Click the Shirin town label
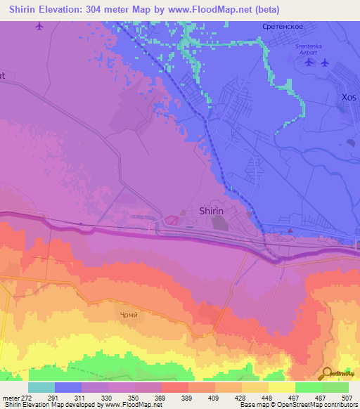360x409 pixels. pyautogui.click(x=212, y=210)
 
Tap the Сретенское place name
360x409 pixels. pyautogui.click(x=281, y=27)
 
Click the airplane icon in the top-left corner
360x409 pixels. pyautogui.click(x=39, y=27)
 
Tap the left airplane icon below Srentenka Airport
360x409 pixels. pyautogui.click(x=309, y=63)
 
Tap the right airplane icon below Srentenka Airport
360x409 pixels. pyautogui.click(x=325, y=63)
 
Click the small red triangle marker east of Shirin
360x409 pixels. pyautogui.click(x=290, y=230)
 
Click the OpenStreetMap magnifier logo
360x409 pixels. pyautogui.click(x=328, y=373)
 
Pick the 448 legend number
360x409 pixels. pyautogui.click(x=266, y=397)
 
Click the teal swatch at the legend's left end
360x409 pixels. pyautogui.click(x=41, y=387)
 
